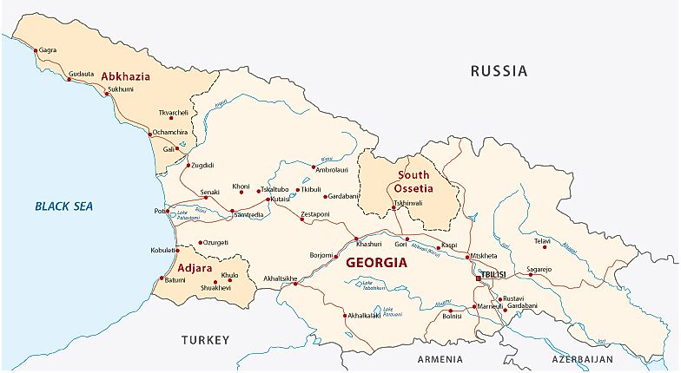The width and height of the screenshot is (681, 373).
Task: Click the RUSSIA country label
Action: [499, 71]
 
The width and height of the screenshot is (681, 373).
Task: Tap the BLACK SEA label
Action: [63, 206]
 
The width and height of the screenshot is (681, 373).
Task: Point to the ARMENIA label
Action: [440, 358]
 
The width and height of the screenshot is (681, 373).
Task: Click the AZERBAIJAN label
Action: [582, 358]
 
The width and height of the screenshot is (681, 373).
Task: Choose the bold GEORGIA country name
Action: [376, 263]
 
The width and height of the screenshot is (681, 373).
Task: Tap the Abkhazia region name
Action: [126, 76]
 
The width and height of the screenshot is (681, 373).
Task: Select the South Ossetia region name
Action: [413, 181]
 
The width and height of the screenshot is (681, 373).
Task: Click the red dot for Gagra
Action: [36, 50]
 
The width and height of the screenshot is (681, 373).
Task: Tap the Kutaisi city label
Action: [281, 199]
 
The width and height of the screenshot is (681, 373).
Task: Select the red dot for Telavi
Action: [545, 247]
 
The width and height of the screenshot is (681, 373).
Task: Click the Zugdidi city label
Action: [202, 165]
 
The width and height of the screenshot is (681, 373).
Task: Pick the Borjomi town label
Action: [321, 256]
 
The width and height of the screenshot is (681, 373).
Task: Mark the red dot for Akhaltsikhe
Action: [295, 284]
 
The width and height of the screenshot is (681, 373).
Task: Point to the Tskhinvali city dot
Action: [393, 208]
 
